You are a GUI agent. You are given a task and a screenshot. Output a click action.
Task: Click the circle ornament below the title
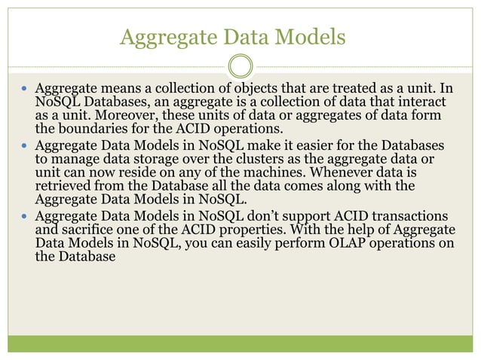point(240,66)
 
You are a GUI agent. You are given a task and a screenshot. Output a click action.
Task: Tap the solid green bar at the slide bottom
point(240,343)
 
